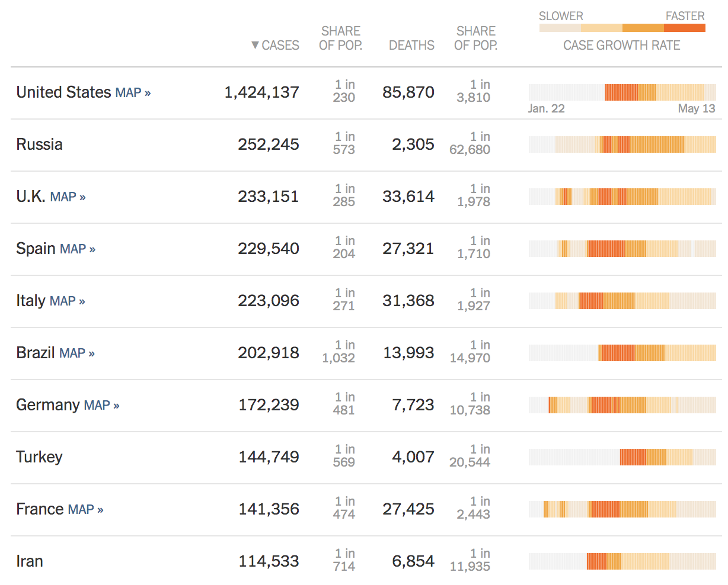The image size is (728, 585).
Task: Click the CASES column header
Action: [x=276, y=46]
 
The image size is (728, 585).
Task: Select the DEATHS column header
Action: [x=411, y=46]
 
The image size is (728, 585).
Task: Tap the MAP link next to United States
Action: [x=133, y=93]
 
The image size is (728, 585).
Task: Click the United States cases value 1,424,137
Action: [x=261, y=92]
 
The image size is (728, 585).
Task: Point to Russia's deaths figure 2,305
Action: [x=413, y=144]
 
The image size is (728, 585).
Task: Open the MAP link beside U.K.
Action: [x=68, y=197]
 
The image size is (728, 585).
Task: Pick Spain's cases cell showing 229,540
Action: [x=269, y=249]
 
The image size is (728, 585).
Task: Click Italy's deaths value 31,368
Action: [x=408, y=301]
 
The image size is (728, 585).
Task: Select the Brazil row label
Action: [x=36, y=353]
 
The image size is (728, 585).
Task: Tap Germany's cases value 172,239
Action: [x=269, y=405]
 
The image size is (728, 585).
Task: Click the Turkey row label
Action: [x=39, y=457]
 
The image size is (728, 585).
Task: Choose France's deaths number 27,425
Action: [x=408, y=509]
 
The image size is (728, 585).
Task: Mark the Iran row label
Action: [x=30, y=561]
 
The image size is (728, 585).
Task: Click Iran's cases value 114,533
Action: [x=269, y=561]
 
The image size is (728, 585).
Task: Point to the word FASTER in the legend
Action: [x=685, y=17]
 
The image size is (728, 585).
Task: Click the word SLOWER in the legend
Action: [x=561, y=17]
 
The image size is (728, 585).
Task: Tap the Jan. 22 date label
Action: [x=546, y=109]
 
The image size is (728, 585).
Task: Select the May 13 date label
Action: [x=697, y=109]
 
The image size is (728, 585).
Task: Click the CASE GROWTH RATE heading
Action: [x=621, y=46]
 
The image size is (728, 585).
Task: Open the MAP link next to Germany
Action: [x=101, y=406]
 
